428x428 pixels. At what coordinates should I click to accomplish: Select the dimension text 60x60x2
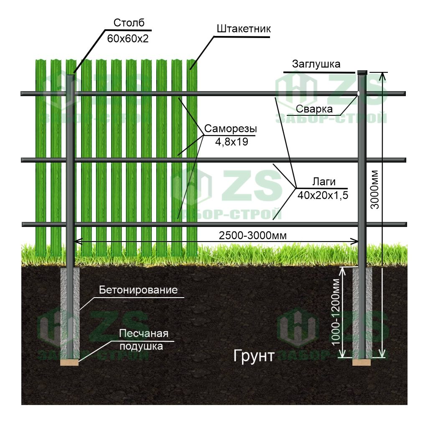coord(128,39)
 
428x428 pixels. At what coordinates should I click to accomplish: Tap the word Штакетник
coord(244,29)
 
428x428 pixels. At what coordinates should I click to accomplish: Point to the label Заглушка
coord(316,64)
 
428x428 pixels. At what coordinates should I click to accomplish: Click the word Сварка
coord(314,109)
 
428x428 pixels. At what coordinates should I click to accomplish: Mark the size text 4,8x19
coord(232,142)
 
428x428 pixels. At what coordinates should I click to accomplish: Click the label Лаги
coord(324,181)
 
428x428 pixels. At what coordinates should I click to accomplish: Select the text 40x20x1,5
coord(323,195)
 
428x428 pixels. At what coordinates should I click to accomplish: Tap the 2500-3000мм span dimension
coord(253,235)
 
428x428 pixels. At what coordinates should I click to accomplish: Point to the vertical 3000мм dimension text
coord(374,190)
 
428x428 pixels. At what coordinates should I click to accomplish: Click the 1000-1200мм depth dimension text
coord(335,313)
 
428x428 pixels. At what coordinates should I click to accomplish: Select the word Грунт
coord(254,356)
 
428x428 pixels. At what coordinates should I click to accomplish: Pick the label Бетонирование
coord(138,290)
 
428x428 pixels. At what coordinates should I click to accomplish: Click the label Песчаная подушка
coord(143,339)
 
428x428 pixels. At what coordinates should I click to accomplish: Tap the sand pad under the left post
coord(70,362)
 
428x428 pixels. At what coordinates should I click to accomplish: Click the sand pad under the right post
coord(362,362)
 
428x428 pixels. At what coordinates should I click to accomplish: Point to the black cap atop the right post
coord(362,72)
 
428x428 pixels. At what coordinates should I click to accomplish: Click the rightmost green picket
coord(192,159)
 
